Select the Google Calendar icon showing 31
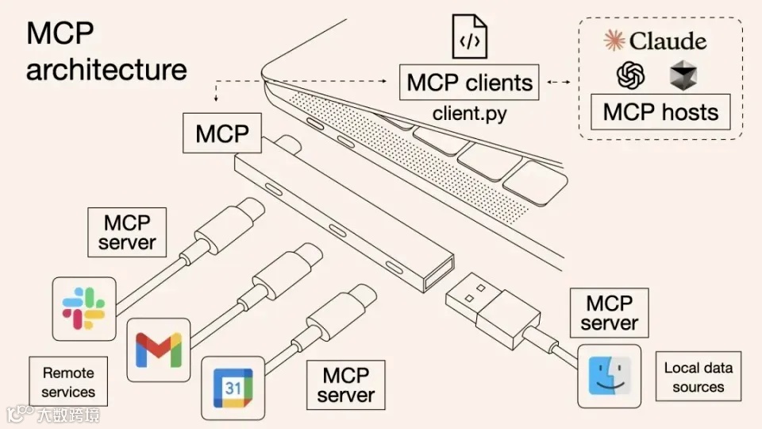tap(232, 388)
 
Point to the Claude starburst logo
tap(614, 40)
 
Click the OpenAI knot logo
tap(631, 76)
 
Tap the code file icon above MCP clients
tap(469, 37)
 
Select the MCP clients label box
tap(469, 83)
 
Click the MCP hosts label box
tap(660, 112)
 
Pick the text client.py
tap(469, 114)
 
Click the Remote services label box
tap(68, 382)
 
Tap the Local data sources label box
tap(698, 377)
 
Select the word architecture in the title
tap(106, 69)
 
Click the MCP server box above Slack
tap(127, 231)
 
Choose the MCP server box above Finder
tap(609, 313)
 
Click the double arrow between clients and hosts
tap(560, 83)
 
